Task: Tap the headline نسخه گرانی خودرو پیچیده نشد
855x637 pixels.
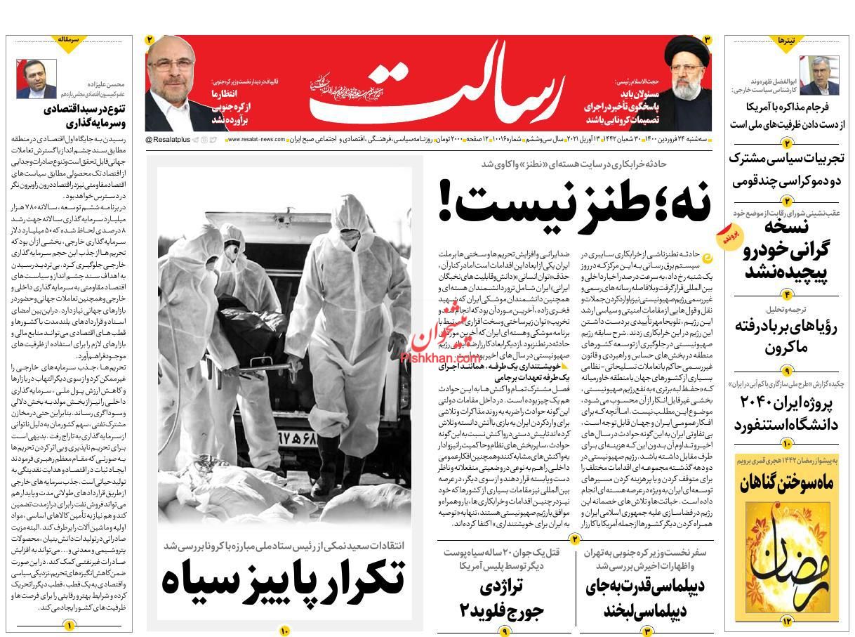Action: [786, 249]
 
